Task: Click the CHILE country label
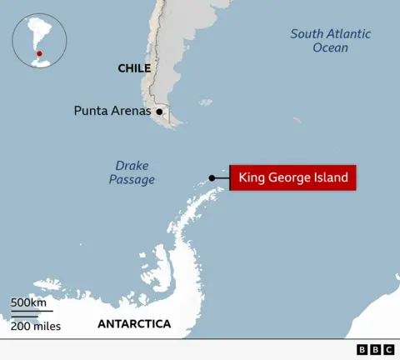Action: point(134,68)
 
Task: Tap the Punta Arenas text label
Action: point(112,110)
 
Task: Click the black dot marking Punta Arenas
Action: point(159,111)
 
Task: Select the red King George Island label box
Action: point(293,177)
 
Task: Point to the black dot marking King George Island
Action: point(212,177)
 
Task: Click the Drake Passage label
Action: point(132,172)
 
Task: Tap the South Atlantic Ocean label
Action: point(331,40)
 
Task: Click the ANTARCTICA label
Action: point(134,323)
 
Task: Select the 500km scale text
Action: point(28,302)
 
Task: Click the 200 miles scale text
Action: point(36,326)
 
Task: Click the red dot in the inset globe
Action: point(38,54)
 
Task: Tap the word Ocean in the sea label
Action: point(331,47)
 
